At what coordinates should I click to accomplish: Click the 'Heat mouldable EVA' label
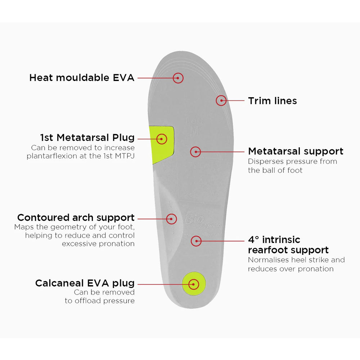pos(82,77)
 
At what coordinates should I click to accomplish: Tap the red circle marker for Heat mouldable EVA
pos(178,78)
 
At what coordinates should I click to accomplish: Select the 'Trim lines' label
pos(272,101)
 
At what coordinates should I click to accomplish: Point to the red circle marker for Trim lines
pos(221,100)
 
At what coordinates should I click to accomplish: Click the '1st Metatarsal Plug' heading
pos(87,138)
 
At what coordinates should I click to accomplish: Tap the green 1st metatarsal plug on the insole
pos(162,143)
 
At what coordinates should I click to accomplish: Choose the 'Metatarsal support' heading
pos(296,151)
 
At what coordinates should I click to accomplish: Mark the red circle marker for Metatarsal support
pos(195,152)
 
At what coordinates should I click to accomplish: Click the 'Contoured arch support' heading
pos(76,217)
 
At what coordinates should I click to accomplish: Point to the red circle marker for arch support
pos(171,219)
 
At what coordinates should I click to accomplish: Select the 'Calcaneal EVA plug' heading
pos(85,283)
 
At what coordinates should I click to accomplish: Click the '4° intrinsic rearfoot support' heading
pos(288,245)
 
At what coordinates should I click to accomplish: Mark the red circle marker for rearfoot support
pos(196,241)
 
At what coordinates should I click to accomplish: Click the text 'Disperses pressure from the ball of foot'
pos(292,166)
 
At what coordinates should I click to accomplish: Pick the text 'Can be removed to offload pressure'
pos(100,296)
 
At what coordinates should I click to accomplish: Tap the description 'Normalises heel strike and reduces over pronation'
pos(296,264)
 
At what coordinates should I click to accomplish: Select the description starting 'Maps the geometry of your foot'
pos(75,235)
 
